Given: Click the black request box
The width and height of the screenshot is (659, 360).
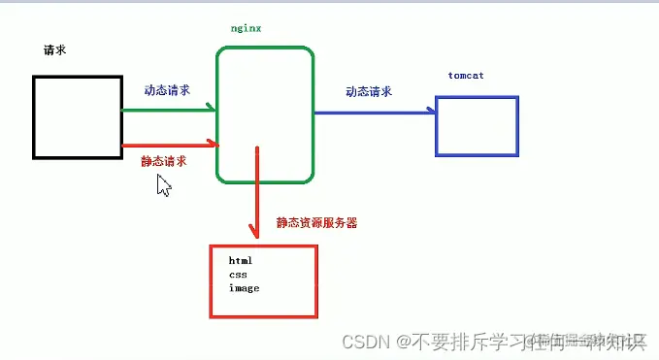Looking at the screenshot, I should (x=77, y=116).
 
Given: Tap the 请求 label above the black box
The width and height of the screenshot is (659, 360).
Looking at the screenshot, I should (x=54, y=49).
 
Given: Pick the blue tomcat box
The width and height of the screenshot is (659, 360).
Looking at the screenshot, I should (x=477, y=126).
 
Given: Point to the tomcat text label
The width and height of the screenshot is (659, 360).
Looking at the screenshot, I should (x=466, y=76).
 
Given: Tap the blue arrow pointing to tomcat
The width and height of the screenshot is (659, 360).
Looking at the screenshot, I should (x=374, y=112).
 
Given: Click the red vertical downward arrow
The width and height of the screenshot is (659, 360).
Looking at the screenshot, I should (x=257, y=194).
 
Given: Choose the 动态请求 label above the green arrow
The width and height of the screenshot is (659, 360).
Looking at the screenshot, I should (x=166, y=90).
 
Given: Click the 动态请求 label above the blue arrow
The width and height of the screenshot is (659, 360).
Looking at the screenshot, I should (x=369, y=92).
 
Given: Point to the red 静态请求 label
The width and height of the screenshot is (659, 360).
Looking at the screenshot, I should (x=164, y=161).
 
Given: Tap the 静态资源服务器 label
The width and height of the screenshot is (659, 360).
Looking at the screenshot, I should (x=316, y=222).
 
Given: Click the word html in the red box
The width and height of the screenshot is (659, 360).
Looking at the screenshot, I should (x=241, y=261).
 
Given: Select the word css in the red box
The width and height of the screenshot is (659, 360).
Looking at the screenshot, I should (x=238, y=275).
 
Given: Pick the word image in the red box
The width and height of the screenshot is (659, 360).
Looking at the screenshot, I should (x=244, y=288).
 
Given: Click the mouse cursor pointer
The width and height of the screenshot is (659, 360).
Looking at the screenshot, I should (x=163, y=185).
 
